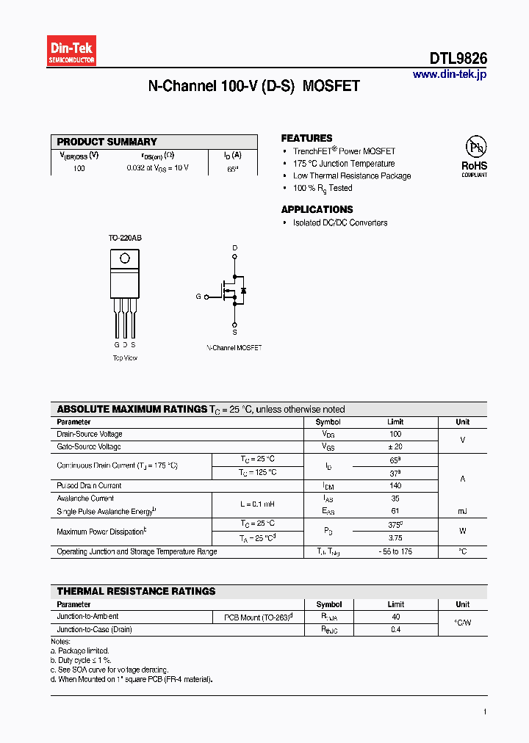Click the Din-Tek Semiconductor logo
point(72,51)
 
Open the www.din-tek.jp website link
point(449,74)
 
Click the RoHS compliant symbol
point(474,155)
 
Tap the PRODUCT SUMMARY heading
point(107,142)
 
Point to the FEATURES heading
point(306,138)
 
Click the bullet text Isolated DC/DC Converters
point(339,222)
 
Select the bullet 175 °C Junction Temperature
point(343,164)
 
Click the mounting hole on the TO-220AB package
point(125,258)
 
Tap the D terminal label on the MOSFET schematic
point(235,248)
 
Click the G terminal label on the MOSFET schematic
point(198,297)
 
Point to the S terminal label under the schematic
point(235,333)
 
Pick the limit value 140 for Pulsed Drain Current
point(395,485)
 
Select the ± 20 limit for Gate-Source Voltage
point(395,446)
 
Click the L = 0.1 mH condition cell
point(257,504)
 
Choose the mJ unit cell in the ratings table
point(462,511)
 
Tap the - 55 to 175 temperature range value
point(395,551)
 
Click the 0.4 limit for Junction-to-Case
point(395,629)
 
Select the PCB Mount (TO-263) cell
point(258,617)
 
